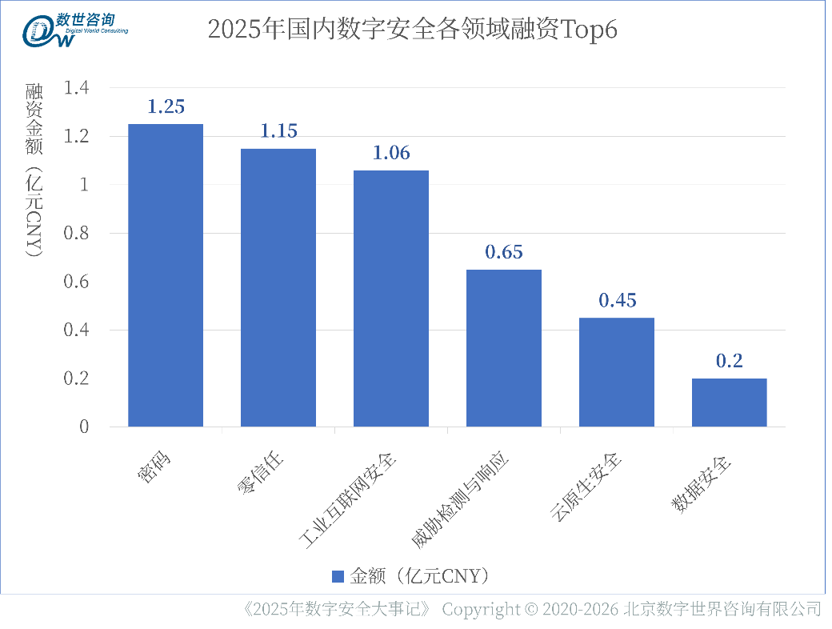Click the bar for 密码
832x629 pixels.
[x=166, y=275]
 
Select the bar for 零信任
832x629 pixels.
[x=278, y=287]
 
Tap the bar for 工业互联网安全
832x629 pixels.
[x=391, y=298]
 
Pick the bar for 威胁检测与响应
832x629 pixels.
[x=504, y=348]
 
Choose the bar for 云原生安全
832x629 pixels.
[x=617, y=372]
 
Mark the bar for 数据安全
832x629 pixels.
[x=730, y=403]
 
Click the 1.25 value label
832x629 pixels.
[x=166, y=107]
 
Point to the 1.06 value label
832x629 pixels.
[x=391, y=153]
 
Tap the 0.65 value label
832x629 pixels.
[x=504, y=252]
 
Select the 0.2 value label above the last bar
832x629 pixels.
[x=730, y=361]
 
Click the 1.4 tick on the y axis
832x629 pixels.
[x=78, y=88]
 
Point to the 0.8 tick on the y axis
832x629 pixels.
[x=78, y=234]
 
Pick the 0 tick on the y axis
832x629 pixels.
[x=84, y=427]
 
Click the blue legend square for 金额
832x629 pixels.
[x=338, y=577]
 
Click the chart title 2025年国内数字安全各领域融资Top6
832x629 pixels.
[x=413, y=30]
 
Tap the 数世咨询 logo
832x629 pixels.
[x=76, y=30]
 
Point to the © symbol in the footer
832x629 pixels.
[x=530, y=610]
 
